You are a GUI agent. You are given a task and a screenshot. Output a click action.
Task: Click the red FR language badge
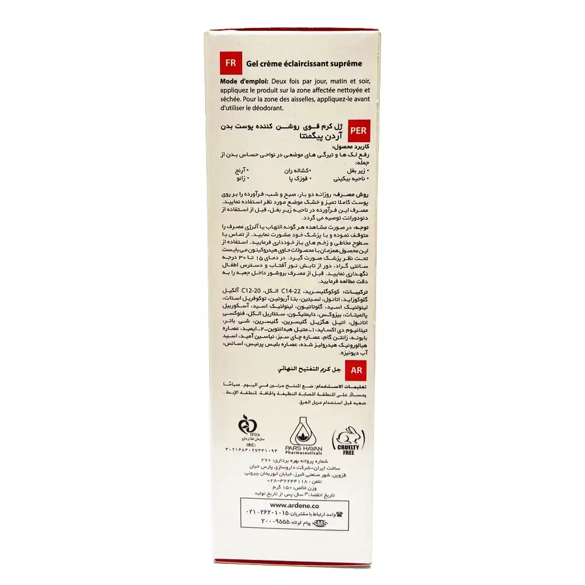[x=231, y=63]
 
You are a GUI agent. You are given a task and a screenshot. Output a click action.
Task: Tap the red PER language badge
[x=356, y=130]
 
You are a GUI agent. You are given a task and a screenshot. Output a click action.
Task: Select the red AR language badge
[x=357, y=370]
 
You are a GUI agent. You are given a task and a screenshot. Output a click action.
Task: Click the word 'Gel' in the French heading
[x=251, y=64]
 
